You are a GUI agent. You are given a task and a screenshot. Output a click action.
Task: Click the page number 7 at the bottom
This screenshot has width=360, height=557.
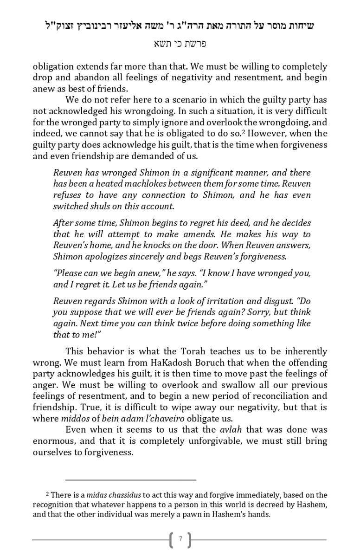point(180,539)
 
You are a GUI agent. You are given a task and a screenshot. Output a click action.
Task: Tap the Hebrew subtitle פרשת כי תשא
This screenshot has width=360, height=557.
point(180,44)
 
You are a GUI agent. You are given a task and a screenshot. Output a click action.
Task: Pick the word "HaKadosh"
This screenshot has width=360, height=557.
point(152,363)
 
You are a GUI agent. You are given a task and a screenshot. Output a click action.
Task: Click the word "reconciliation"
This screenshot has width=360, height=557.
point(280,396)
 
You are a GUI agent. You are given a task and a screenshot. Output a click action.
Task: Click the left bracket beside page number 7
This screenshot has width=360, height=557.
point(171,539)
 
